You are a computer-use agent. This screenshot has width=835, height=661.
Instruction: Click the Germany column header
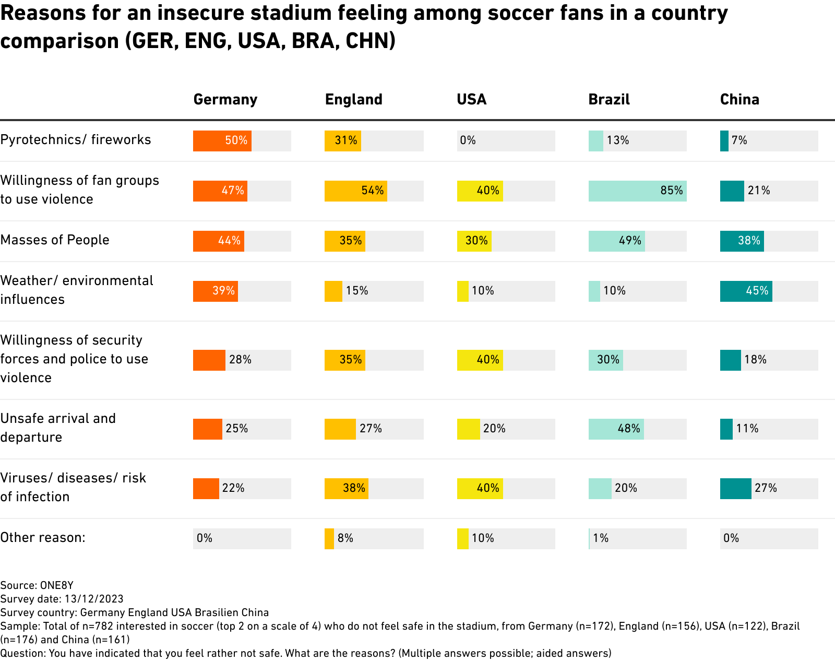(225, 99)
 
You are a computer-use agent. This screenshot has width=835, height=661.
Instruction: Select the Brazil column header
(609, 99)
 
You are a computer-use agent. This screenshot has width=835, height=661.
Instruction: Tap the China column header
(739, 99)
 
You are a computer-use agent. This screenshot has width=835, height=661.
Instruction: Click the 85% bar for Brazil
(637, 191)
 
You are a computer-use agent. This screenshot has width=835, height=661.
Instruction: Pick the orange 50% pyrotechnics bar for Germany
(222, 141)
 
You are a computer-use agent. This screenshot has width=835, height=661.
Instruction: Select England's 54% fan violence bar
(355, 191)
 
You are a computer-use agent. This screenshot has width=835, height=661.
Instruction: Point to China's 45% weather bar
(746, 291)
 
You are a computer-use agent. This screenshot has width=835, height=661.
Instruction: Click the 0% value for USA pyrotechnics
(468, 140)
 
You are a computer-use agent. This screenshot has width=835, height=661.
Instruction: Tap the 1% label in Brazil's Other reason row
(601, 538)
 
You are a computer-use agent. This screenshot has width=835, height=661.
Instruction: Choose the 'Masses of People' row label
(55, 240)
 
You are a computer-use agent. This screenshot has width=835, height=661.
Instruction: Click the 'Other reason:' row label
(43, 537)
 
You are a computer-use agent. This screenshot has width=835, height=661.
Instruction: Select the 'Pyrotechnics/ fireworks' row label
(76, 139)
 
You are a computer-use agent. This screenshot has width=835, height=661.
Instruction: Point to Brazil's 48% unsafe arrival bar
(616, 429)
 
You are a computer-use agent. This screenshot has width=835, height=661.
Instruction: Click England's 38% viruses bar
(346, 489)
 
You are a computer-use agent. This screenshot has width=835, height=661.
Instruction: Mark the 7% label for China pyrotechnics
(739, 140)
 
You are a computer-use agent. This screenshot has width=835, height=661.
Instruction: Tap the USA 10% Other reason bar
(462, 539)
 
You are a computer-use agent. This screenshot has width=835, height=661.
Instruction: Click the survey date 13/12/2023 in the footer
(94, 599)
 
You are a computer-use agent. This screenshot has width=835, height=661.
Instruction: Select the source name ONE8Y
(57, 585)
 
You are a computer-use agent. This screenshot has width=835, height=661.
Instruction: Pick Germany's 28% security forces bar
(209, 360)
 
